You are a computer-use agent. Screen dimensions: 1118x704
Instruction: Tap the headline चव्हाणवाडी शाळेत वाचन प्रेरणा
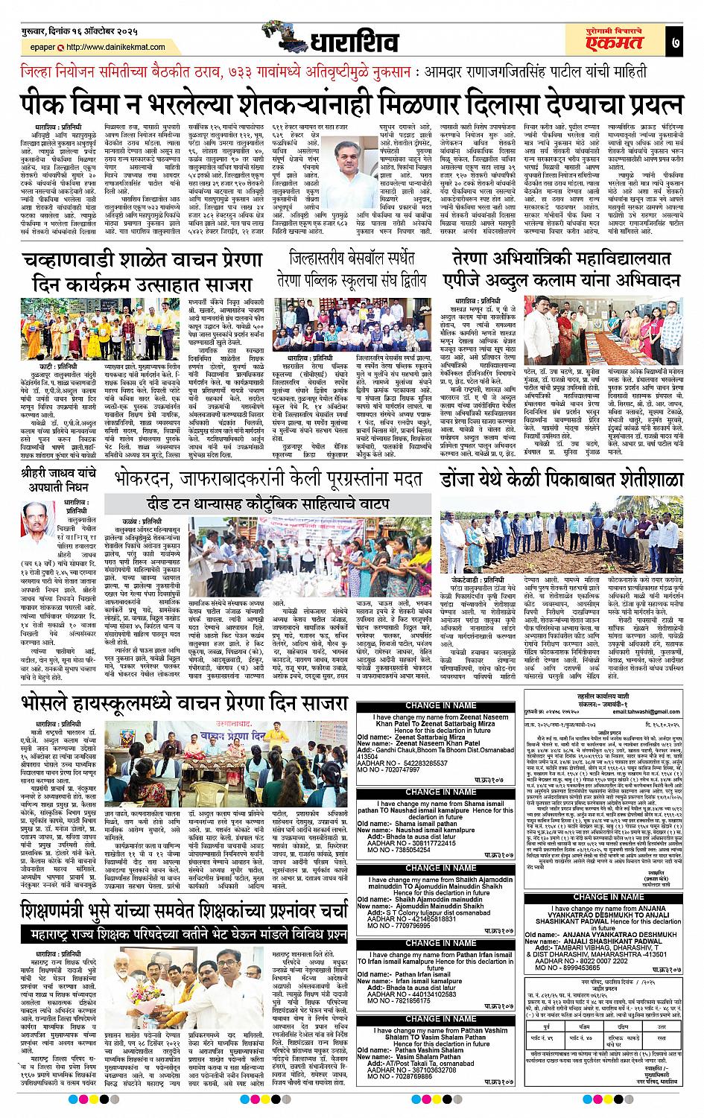[142, 260]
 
